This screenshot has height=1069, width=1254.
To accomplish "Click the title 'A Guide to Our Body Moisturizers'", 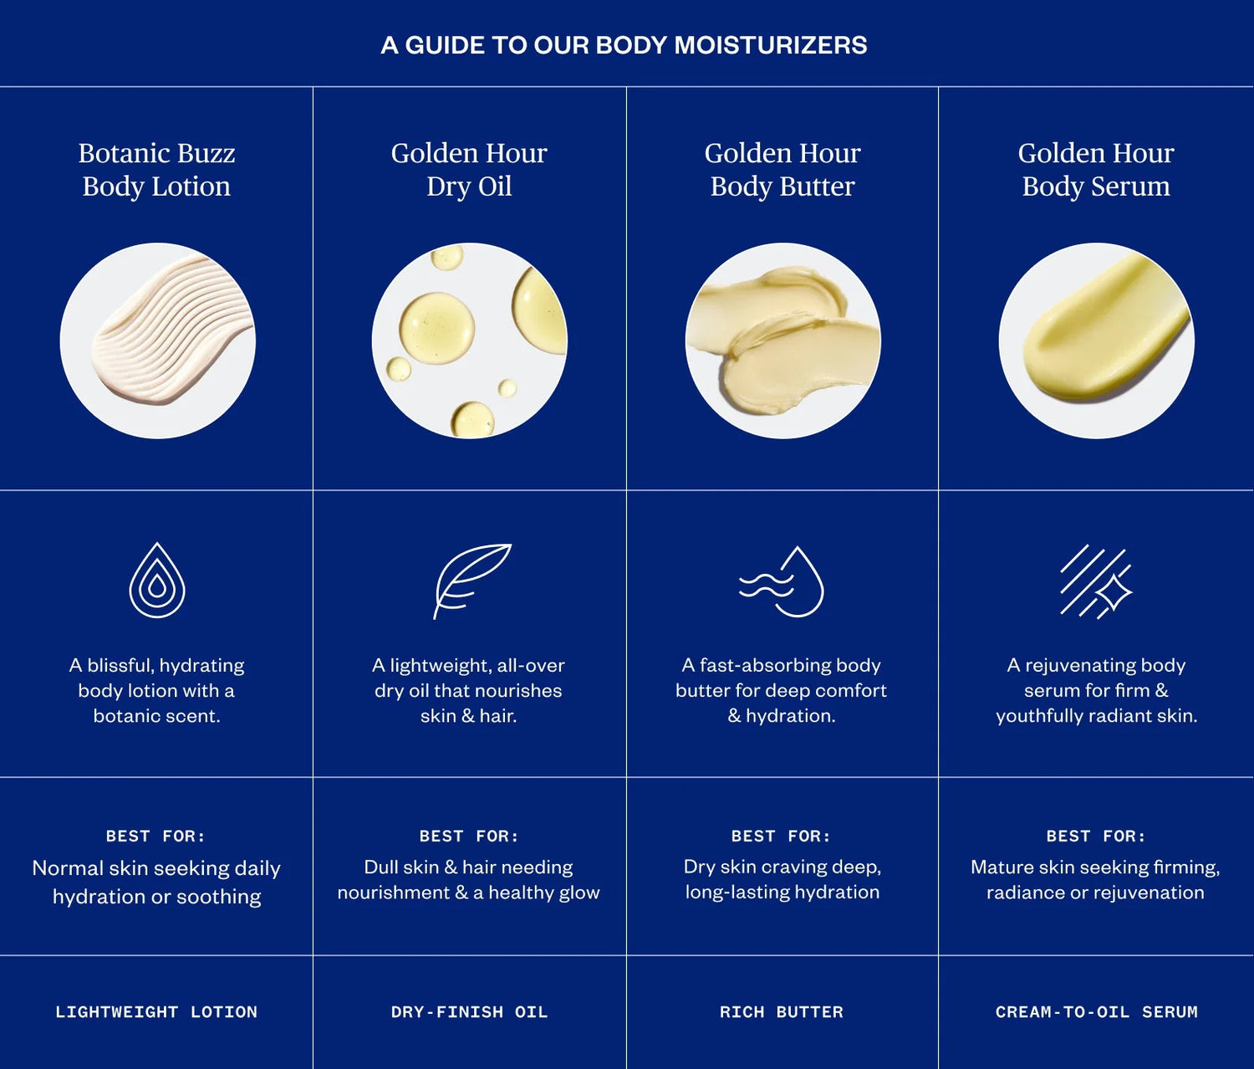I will [x=624, y=45].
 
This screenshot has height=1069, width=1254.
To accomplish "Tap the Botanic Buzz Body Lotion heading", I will [x=156, y=170].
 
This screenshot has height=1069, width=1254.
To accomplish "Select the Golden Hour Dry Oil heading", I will [x=469, y=170].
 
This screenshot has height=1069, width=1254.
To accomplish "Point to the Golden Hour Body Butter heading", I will [x=782, y=170].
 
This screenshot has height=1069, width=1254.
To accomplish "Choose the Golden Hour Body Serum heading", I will [x=1096, y=170].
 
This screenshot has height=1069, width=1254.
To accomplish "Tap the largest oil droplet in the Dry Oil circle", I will [x=436, y=328].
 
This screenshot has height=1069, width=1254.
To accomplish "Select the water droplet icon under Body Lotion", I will [x=157, y=581].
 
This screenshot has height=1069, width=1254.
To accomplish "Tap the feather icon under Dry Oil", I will [x=471, y=580].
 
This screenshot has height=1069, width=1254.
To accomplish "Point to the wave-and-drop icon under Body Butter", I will [x=782, y=581].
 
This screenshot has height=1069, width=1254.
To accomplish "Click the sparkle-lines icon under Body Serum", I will [x=1095, y=581].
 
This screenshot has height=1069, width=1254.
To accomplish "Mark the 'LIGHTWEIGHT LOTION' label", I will [x=156, y=1012].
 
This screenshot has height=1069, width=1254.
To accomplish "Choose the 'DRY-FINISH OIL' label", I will [x=469, y=1012].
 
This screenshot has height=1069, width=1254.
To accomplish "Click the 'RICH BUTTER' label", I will [x=782, y=1012].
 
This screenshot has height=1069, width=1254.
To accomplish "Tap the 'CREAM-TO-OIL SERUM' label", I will [x=1096, y=1012].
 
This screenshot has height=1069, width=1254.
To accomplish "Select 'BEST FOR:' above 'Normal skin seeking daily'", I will [x=155, y=836].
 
